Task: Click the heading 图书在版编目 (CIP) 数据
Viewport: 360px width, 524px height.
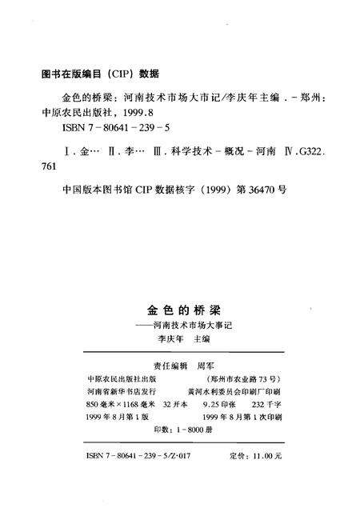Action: click(100, 73)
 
